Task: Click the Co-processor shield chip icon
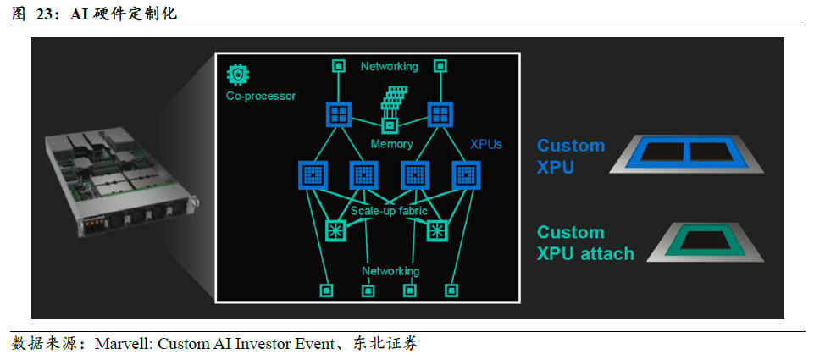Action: pyautogui.click(x=238, y=75)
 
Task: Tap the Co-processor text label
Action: pyautogui.click(x=261, y=96)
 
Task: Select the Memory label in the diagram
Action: pyautogui.click(x=391, y=144)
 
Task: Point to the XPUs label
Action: pyautogui.click(x=486, y=144)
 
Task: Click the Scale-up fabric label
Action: pyautogui.click(x=389, y=211)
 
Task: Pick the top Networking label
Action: pyautogui.click(x=390, y=66)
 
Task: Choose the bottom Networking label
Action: pyautogui.click(x=390, y=271)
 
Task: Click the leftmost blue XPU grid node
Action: pyautogui.click(x=313, y=174)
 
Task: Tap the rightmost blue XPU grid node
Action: pyautogui.click(x=466, y=174)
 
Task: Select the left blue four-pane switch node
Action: pyautogui.click(x=339, y=114)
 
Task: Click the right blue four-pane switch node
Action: pyautogui.click(x=440, y=114)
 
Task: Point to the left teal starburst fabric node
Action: pyautogui.click(x=335, y=230)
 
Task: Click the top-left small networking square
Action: pyautogui.click(x=339, y=66)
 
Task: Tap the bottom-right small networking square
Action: pyautogui.click(x=451, y=291)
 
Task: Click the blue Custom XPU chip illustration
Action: pyautogui.click(x=686, y=154)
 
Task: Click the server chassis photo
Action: pyautogui.click(x=123, y=185)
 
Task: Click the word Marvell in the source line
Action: pyautogui.click(x=123, y=343)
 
